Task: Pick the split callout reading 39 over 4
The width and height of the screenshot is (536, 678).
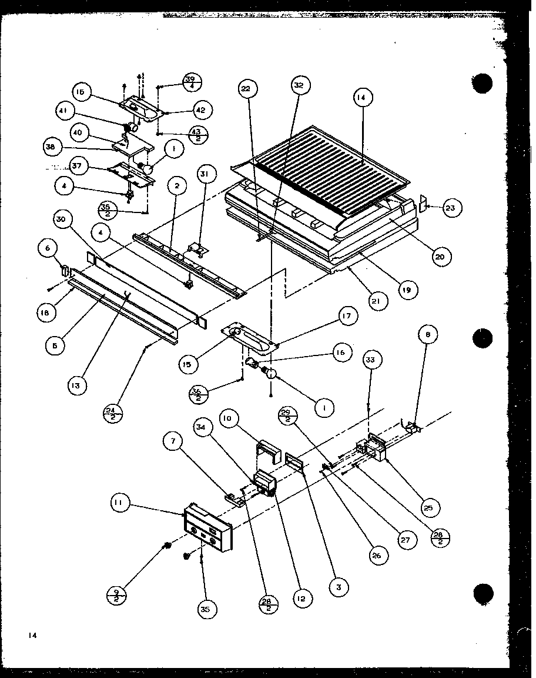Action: click(x=190, y=81)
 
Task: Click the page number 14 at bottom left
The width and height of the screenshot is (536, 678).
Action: click(x=31, y=635)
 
